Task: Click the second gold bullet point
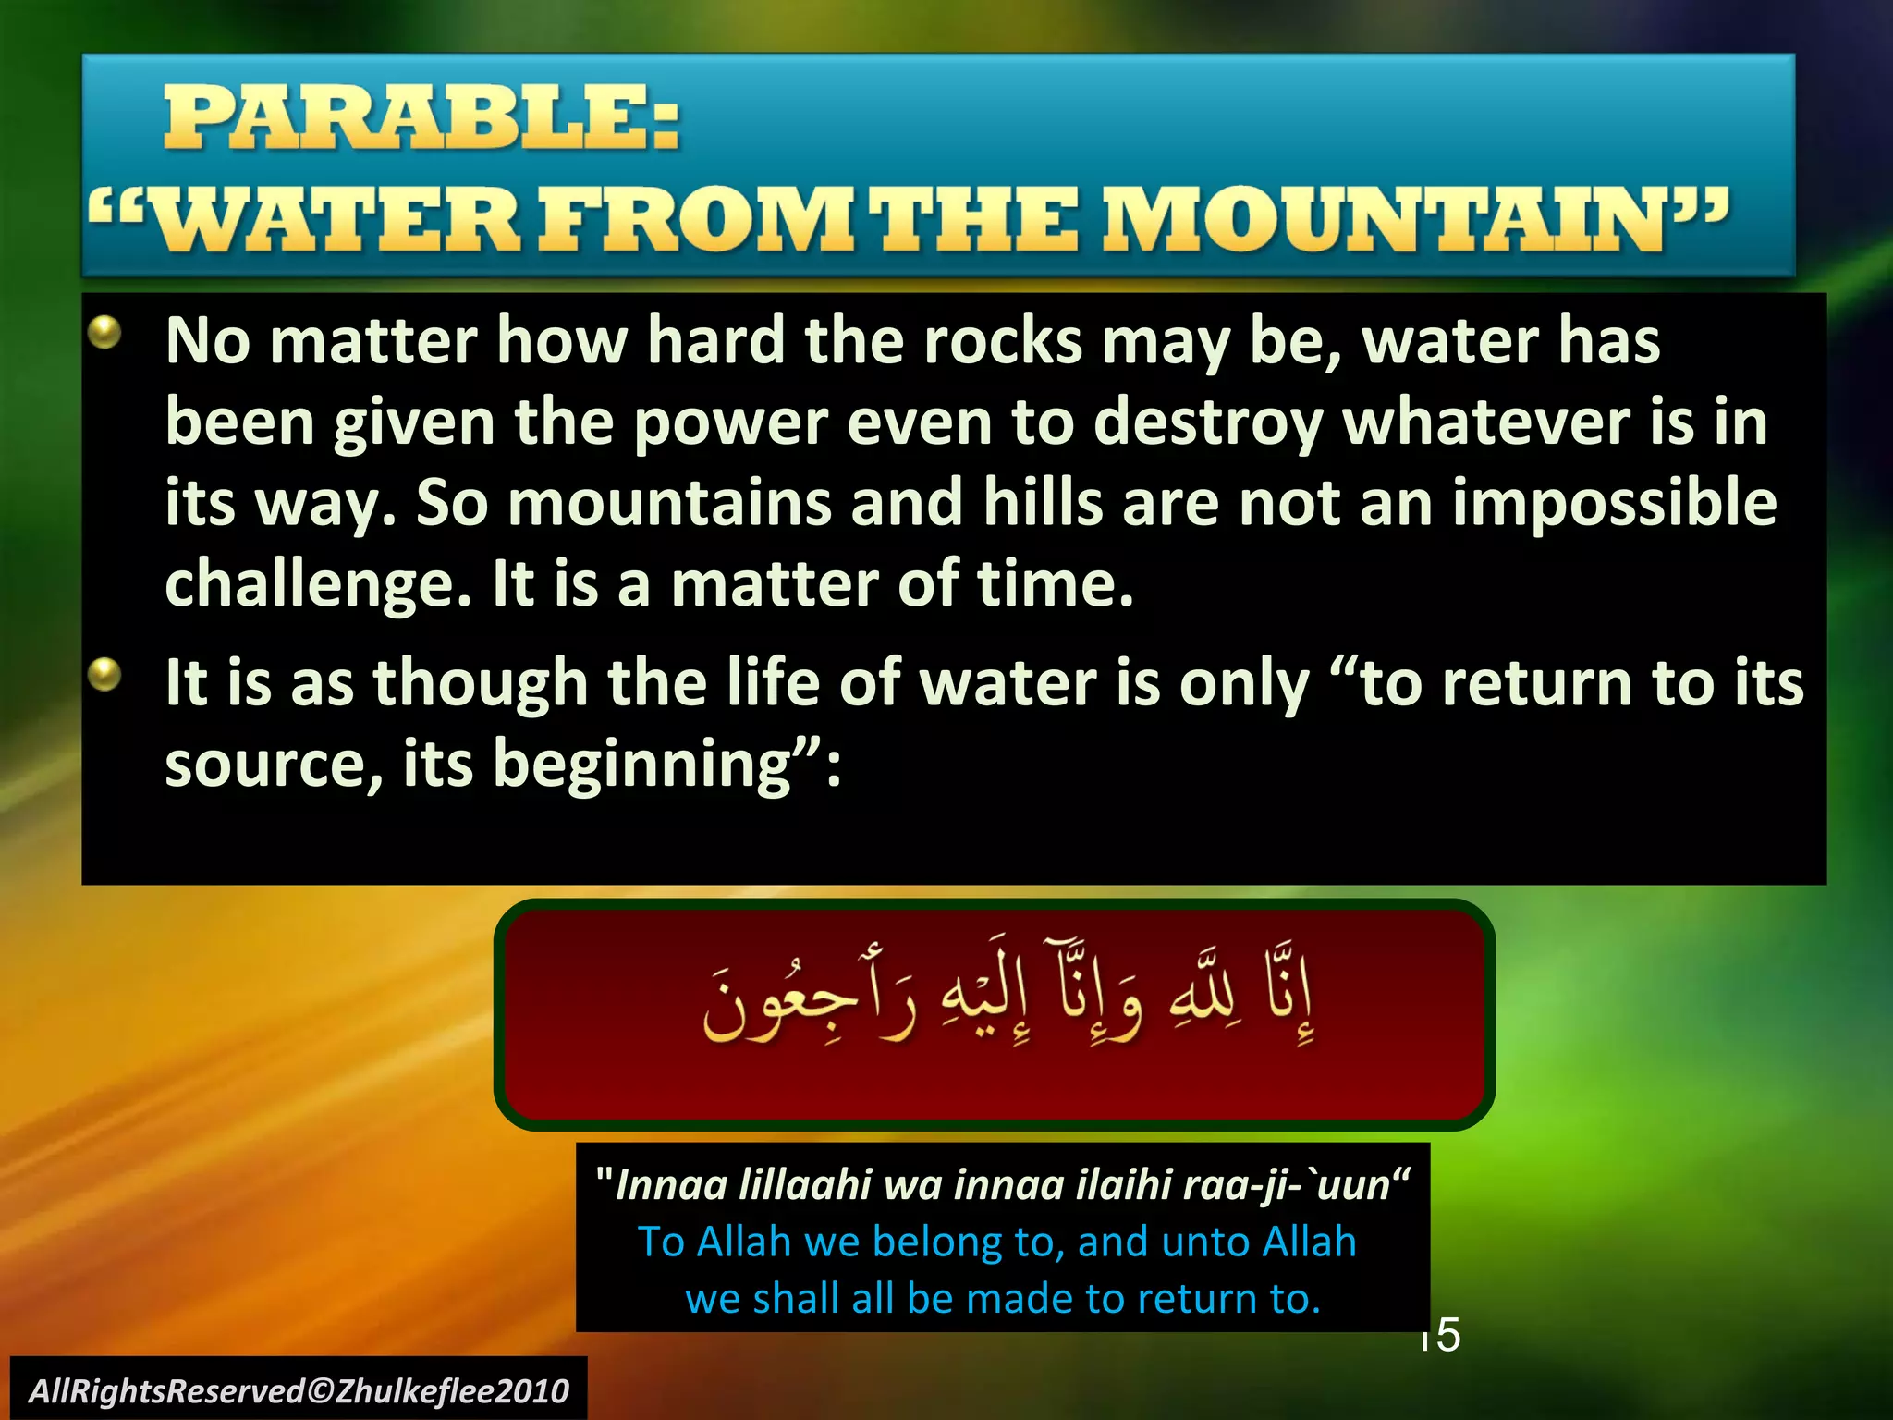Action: point(105,674)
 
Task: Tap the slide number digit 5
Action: point(1448,1334)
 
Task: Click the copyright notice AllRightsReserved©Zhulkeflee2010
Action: point(299,1390)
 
